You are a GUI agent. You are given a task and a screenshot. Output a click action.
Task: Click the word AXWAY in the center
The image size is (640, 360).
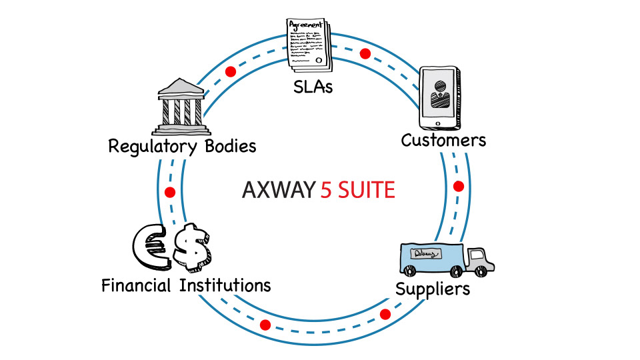coord(277,191)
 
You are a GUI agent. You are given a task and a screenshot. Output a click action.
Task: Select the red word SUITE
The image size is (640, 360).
coord(367,191)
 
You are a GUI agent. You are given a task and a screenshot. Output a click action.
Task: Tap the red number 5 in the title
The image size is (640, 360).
coord(326,191)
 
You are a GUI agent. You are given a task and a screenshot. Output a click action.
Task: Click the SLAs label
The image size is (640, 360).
coord(313,87)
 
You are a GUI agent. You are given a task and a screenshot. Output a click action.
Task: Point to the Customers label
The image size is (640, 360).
coord(443,140)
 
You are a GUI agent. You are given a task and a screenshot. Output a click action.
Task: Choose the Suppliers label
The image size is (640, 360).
coord(433,289)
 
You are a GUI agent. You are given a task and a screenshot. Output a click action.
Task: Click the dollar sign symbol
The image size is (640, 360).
coord(193,247)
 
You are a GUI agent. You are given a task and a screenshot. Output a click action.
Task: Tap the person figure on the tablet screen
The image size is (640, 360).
coord(439,95)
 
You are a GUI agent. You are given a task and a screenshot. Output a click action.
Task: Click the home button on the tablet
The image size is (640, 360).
coord(437,123)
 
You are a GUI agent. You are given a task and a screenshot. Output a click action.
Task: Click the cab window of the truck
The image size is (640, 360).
coord(478,255)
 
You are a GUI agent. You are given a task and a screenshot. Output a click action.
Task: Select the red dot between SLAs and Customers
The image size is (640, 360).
coord(365,53)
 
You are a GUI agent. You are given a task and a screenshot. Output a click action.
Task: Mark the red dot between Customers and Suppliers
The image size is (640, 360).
coord(458,186)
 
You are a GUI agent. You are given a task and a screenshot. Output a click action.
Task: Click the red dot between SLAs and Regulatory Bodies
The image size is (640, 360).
coord(231,71)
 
